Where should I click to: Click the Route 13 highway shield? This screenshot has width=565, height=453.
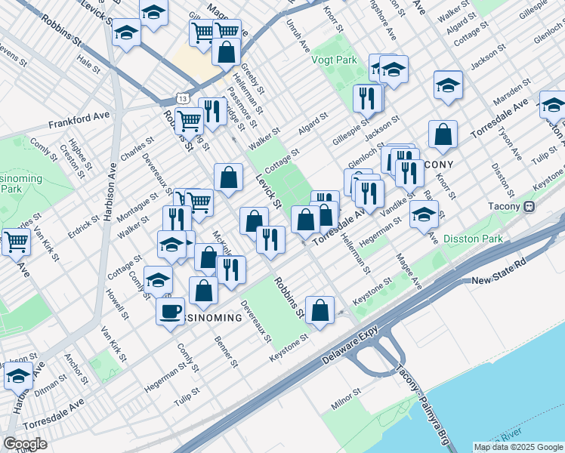[x=182, y=98]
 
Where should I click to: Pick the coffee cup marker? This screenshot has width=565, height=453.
[x=171, y=310]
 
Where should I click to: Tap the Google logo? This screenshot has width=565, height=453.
[x=25, y=444]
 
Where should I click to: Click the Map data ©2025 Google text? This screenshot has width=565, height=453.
[x=518, y=447]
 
